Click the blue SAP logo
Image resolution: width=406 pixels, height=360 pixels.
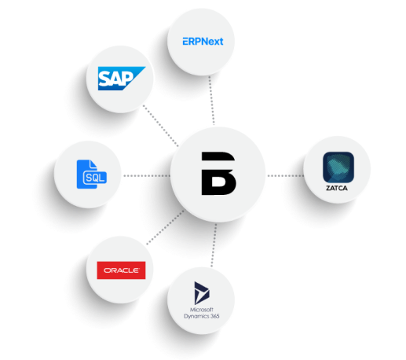point(122,79)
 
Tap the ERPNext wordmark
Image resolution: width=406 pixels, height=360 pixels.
point(203,42)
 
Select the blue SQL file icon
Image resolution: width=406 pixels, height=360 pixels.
point(91,174)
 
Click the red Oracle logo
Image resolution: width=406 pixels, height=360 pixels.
point(121,270)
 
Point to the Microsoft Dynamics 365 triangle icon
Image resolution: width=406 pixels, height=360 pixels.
point(201,293)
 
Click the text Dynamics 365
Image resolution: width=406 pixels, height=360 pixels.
point(202,316)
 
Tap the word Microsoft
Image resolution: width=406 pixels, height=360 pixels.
point(202,310)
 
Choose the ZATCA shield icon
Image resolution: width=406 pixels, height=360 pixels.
point(338,167)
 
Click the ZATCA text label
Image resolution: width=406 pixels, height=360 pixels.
point(337,188)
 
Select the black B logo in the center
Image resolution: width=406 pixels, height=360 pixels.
point(218,174)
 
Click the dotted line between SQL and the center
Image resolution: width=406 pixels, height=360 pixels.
point(147,175)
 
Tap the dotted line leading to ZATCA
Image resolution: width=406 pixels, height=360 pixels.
point(285,175)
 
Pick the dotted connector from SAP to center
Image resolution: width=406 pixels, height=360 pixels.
point(161,126)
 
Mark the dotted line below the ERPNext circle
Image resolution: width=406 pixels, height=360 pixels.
point(211,100)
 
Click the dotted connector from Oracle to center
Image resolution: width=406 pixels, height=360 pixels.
point(165,227)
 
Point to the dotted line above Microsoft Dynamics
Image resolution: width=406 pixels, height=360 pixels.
point(214,245)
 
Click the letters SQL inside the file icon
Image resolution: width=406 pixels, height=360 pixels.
point(95,178)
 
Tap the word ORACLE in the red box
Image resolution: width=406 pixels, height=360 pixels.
point(121,270)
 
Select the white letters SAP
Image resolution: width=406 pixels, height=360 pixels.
point(115,79)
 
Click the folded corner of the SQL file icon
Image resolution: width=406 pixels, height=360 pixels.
point(93,164)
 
